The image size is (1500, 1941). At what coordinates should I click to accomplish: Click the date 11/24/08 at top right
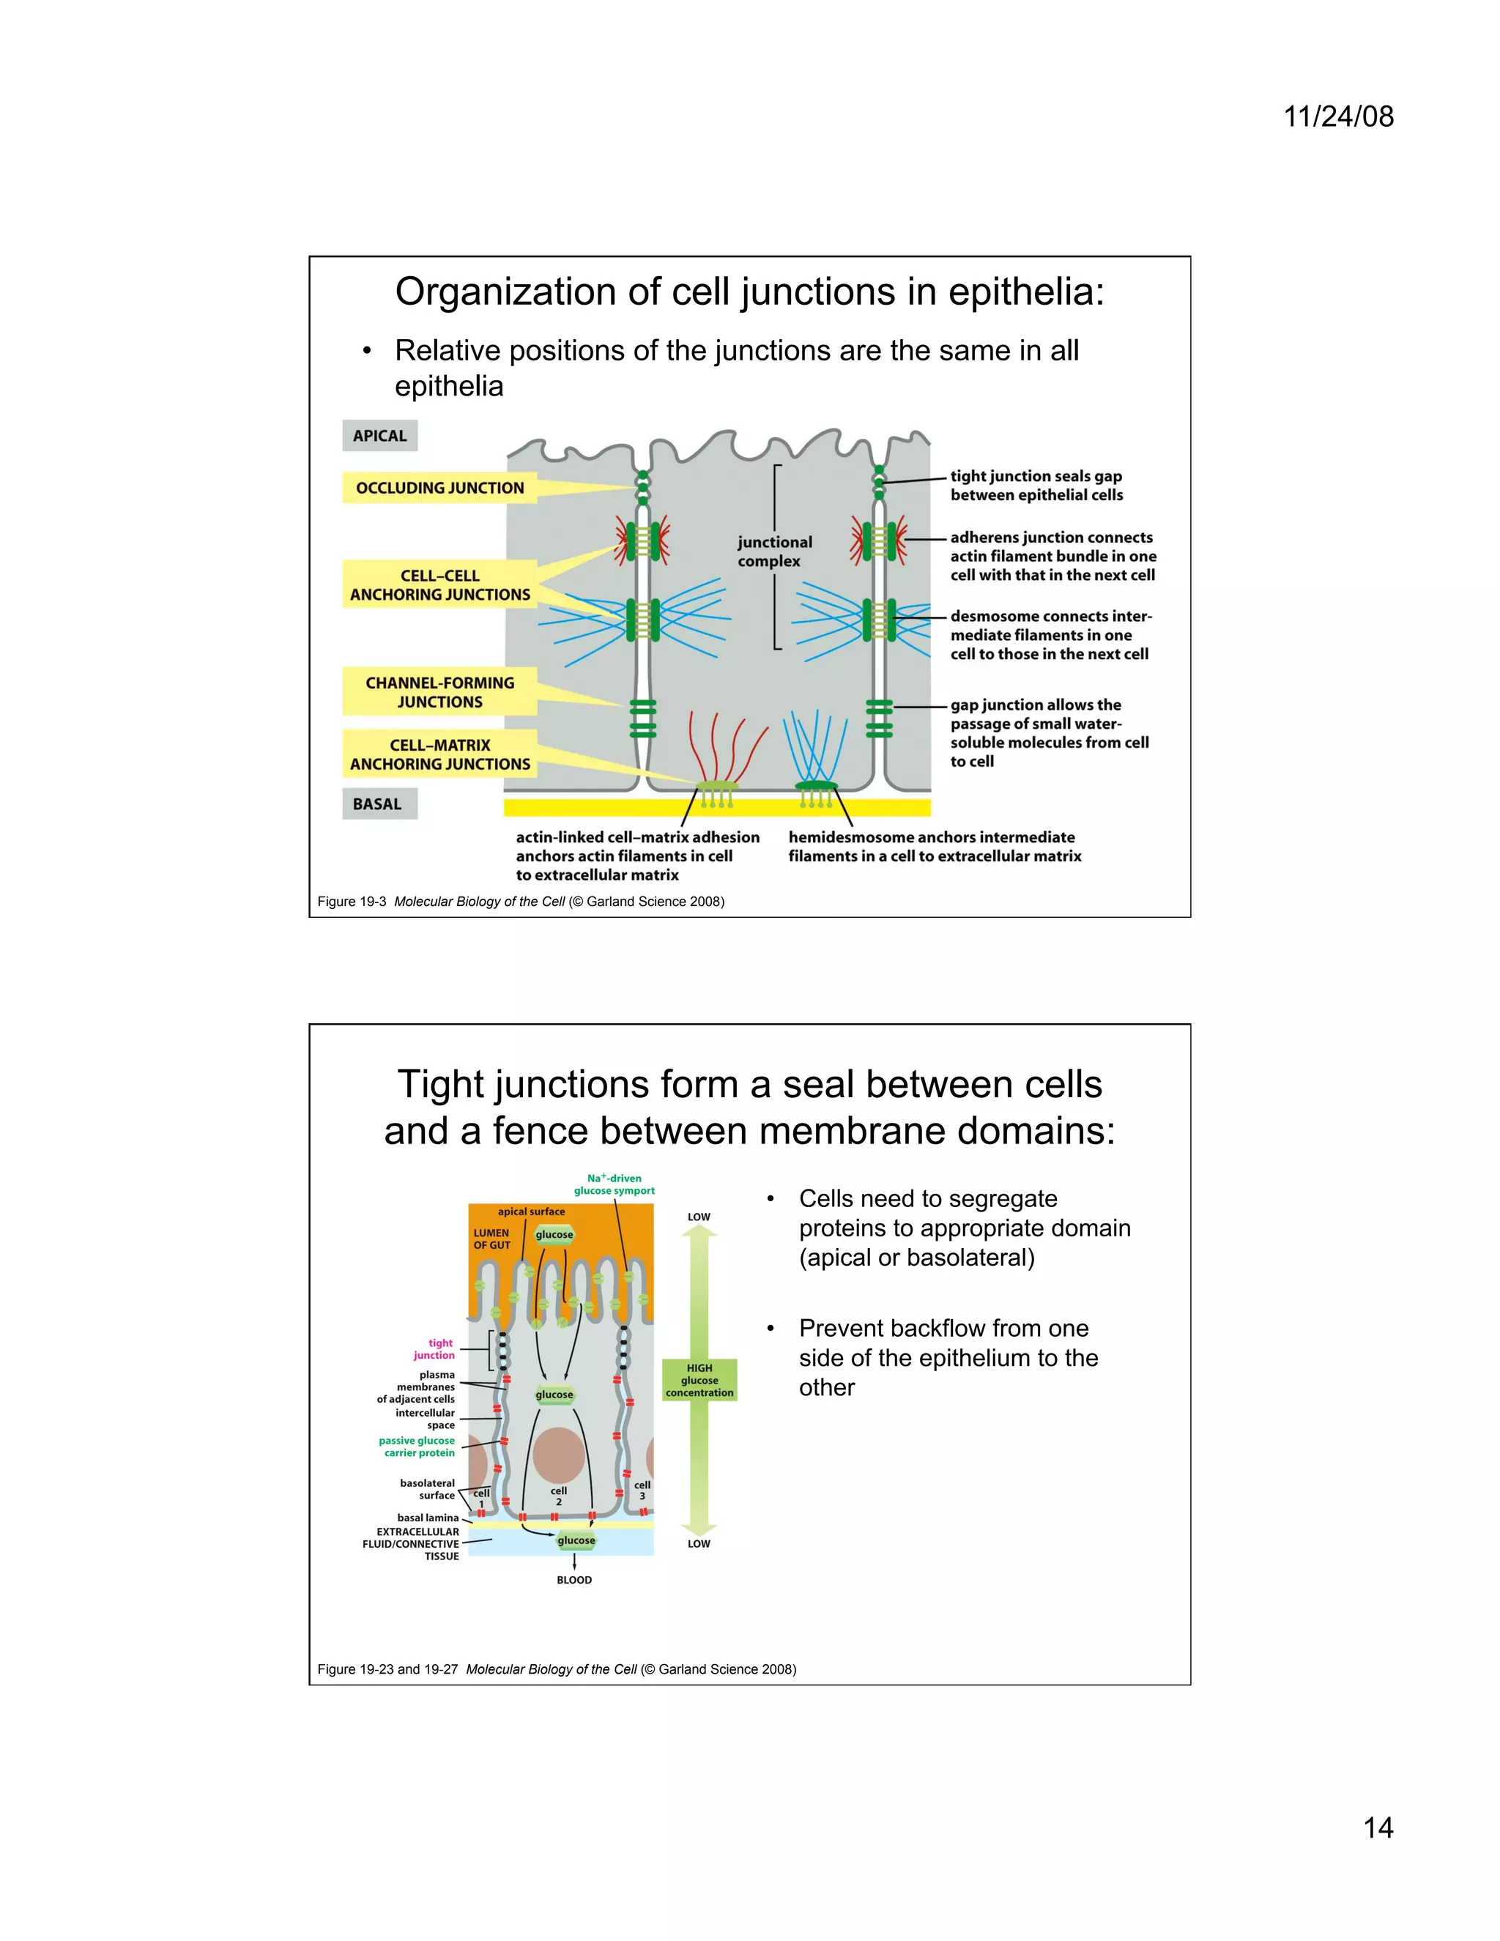[1338, 116]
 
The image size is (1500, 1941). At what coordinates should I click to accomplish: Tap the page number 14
[1378, 1827]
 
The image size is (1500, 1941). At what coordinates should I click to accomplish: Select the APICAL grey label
[379, 436]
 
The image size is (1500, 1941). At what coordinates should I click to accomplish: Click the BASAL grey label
[378, 804]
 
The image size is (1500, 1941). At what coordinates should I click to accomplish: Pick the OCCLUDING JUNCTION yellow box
[440, 488]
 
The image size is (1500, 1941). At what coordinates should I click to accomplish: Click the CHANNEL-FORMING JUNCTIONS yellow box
[440, 692]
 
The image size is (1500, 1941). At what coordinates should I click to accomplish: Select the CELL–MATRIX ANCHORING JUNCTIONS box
[440, 754]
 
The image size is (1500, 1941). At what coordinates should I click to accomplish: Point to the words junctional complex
[773, 551]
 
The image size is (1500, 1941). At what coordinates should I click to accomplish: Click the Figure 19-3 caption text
[521, 901]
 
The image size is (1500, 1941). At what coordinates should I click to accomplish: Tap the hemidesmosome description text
[934, 846]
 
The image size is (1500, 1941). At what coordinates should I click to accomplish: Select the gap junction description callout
[1049, 732]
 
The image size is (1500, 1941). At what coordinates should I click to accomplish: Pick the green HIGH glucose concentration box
[699, 1380]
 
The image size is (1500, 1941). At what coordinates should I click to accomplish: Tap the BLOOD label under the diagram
[574, 1579]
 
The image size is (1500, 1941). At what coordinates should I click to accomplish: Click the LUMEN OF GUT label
[491, 1239]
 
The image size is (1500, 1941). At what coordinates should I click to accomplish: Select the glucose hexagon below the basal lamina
[576, 1540]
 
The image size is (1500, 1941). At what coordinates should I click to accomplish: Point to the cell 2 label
[558, 1496]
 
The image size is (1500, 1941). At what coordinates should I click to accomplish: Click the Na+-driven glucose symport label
[614, 1184]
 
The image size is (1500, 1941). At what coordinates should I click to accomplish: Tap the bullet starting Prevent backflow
[948, 1357]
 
